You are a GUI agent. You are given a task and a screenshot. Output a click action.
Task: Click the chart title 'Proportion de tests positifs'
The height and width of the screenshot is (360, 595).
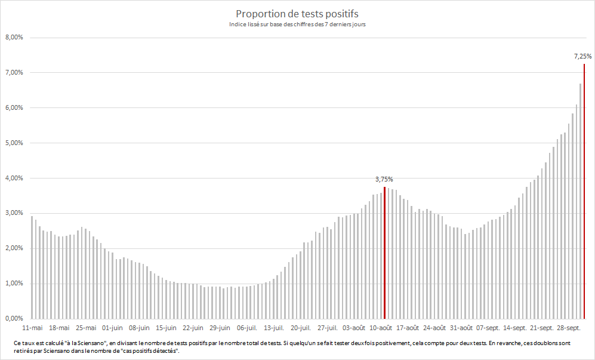coord(297,14)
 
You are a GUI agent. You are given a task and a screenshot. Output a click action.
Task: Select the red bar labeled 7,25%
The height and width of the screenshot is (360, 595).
coord(584,191)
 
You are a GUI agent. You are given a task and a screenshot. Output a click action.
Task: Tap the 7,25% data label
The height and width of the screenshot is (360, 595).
coord(582,57)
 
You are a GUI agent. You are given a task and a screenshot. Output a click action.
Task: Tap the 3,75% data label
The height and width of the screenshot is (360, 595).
coord(384,179)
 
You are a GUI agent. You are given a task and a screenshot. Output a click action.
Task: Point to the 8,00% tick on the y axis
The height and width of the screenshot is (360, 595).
coord(14,38)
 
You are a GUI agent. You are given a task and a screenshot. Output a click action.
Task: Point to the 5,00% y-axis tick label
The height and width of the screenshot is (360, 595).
coord(14,143)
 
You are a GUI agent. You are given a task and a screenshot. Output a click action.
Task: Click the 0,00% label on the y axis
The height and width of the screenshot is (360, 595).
coord(14,319)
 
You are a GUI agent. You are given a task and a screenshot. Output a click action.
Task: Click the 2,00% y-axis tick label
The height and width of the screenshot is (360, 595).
coord(14,248)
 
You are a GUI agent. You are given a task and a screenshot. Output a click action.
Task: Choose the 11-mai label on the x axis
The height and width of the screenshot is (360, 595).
coord(32,328)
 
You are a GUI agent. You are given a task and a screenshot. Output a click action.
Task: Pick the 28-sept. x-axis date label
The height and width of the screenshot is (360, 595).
coord(569,328)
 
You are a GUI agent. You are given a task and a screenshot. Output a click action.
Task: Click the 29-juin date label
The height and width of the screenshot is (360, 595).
coord(220,328)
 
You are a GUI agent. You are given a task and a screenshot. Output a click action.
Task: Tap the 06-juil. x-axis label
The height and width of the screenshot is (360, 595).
coord(247,328)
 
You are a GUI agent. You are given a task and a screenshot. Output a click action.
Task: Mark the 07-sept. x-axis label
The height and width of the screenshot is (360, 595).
coord(488,328)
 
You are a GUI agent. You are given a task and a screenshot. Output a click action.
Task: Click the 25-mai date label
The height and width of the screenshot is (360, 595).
coord(86,328)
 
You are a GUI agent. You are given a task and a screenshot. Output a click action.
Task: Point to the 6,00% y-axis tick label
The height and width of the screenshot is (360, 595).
coord(14,108)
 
